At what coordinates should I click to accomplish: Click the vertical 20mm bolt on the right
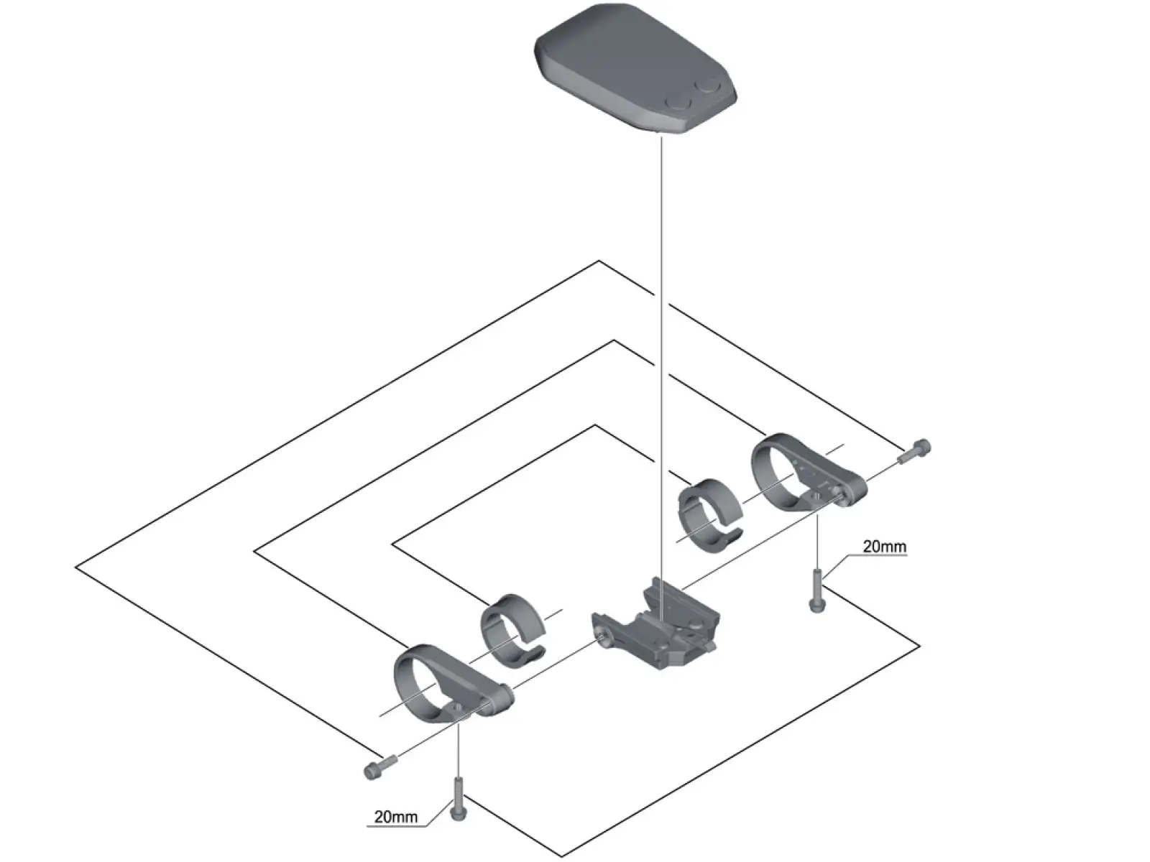coord(817,591)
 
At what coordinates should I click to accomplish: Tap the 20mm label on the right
coord(884,547)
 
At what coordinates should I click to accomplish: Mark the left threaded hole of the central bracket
coord(602,636)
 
